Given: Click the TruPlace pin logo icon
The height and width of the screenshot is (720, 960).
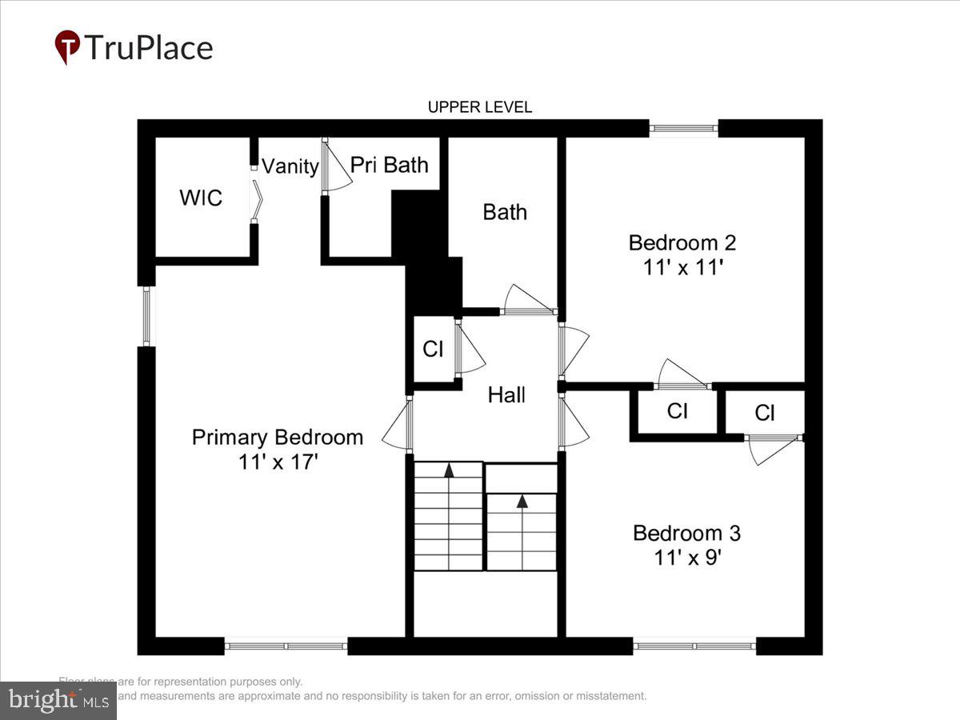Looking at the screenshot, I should (67, 47).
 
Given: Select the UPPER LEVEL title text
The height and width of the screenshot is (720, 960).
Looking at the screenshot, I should (479, 107).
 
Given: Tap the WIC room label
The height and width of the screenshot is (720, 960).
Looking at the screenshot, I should (201, 198).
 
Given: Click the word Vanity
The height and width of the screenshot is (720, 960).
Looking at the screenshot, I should (290, 166).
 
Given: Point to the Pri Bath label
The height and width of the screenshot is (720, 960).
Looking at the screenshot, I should (390, 165).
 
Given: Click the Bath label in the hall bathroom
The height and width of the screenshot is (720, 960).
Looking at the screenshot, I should (505, 212).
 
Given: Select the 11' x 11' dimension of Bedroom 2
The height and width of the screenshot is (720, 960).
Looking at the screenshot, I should (683, 268).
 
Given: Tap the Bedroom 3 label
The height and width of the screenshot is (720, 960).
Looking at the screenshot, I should (686, 533).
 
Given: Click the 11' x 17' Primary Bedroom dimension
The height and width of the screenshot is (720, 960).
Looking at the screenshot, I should (278, 462).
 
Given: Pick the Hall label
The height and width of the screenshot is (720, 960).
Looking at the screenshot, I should (506, 394).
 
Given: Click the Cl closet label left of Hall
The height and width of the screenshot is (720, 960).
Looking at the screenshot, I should (433, 350).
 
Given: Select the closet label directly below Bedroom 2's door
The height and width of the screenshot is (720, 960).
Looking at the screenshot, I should (678, 411).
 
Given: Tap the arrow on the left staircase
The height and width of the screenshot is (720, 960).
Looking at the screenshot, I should (449, 470).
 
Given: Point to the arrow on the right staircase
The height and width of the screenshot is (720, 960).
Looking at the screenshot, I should (522, 502).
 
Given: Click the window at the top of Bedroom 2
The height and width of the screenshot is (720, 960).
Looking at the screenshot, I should (683, 127).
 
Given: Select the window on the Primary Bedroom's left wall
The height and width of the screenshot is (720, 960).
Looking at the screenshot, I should (146, 316).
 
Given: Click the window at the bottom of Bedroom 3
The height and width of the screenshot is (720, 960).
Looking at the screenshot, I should (694, 645).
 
